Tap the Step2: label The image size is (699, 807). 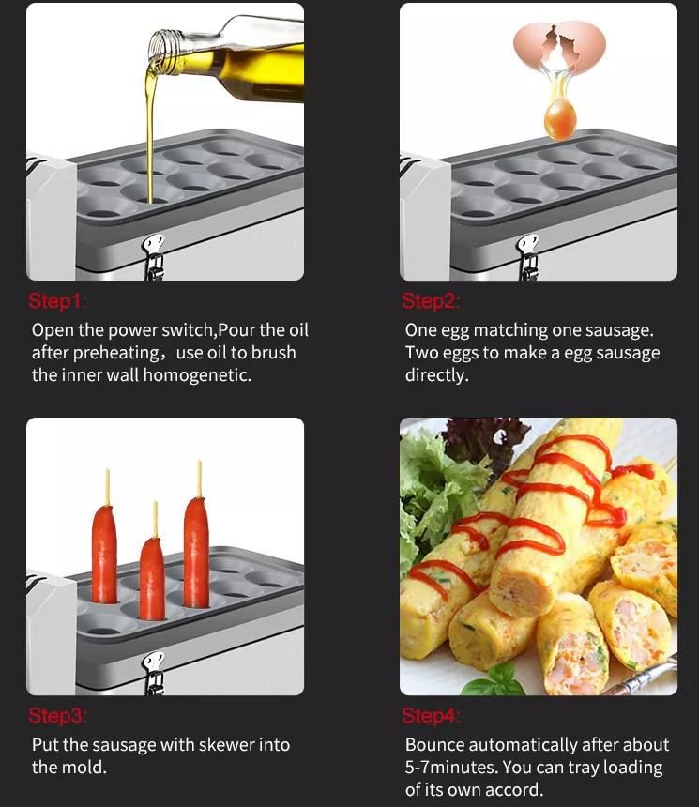(x=432, y=301)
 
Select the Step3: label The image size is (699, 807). (x=58, y=716)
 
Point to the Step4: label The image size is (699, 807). (x=432, y=716)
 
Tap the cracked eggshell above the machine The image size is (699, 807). (x=559, y=49)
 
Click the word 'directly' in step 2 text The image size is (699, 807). (x=436, y=375)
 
